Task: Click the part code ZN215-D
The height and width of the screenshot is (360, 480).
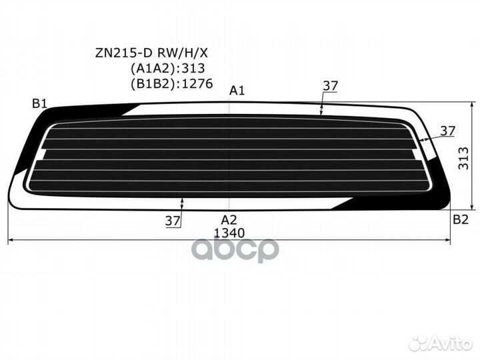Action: (124, 53)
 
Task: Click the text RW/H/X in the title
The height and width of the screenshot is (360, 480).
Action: (183, 53)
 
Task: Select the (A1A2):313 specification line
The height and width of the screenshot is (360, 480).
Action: (168, 68)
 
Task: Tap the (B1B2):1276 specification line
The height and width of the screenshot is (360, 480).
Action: (172, 83)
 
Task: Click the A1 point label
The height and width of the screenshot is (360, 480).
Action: (237, 91)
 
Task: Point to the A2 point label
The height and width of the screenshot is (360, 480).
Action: (229, 220)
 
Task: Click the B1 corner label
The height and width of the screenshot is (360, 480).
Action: (40, 104)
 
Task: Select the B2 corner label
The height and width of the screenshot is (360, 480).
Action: (461, 219)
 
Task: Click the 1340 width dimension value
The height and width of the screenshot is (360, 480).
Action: (229, 233)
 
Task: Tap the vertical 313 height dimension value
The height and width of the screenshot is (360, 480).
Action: (464, 158)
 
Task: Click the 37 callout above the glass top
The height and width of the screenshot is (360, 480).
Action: (330, 86)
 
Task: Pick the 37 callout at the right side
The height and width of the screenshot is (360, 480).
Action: (447, 131)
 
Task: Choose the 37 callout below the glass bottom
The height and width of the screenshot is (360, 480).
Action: (173, 221)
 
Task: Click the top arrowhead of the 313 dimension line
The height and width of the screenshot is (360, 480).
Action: (473, 105)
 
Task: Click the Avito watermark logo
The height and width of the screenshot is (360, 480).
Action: (441, 343)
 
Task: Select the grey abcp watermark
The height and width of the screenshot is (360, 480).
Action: (235, 249)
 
